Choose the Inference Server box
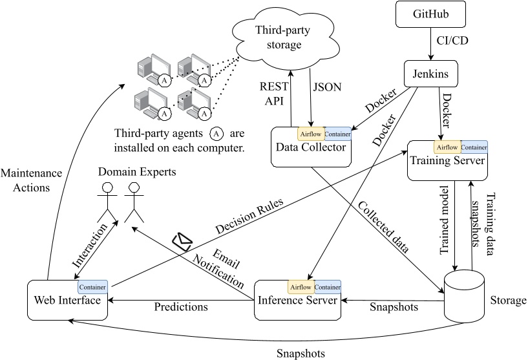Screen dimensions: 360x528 [297, 301]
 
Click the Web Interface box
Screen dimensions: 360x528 [67, 301]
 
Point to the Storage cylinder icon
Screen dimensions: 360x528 [464, 295]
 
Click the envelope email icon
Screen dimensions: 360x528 [182, 241]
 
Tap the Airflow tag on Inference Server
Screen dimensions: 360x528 [301, 286]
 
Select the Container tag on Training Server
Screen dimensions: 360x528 [474, 147]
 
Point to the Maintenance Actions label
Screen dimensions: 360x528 [31, 180]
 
